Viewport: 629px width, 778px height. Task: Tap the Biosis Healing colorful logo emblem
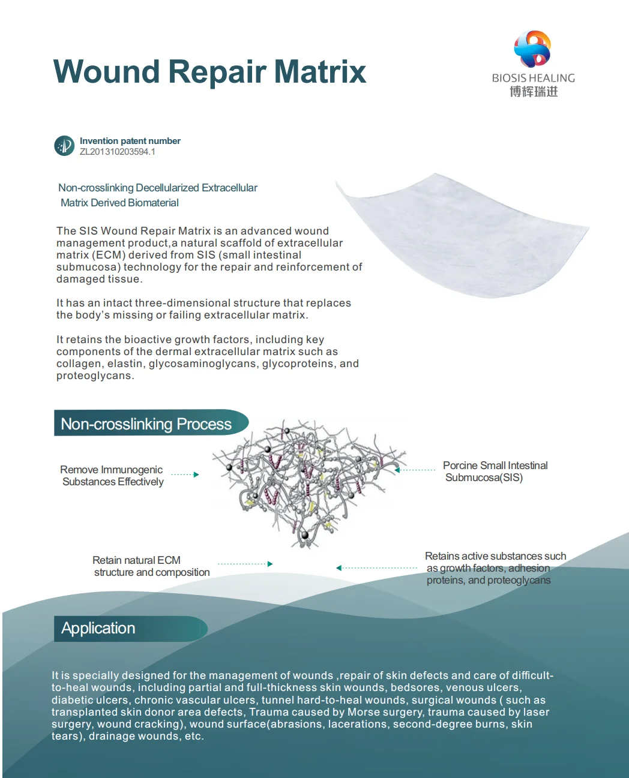click(x=532, y=49)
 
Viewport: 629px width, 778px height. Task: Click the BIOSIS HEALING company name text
click(x=533, y=78)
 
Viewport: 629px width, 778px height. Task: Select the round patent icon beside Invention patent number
click(x=64, y=146)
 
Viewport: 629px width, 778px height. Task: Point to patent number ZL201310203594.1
click(x=118, y=152)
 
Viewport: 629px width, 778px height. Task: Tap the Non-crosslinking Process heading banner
click(x=147, y=423)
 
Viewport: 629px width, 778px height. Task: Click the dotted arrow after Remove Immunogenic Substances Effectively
click(x=184, y=474)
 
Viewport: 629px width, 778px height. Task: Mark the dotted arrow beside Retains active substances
click(x=376, y=567)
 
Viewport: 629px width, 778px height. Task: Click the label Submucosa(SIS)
click(x=484, y=478)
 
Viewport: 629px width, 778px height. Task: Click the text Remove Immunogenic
click(x=111, y=470)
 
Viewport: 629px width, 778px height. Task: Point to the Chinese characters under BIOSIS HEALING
click(x=534, y=92)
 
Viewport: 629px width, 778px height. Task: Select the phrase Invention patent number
click(x=130, y=141)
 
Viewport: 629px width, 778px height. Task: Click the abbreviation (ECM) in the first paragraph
click(x=108, y=255)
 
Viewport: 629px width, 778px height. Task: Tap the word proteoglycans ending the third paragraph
click(x=94, y=376)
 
